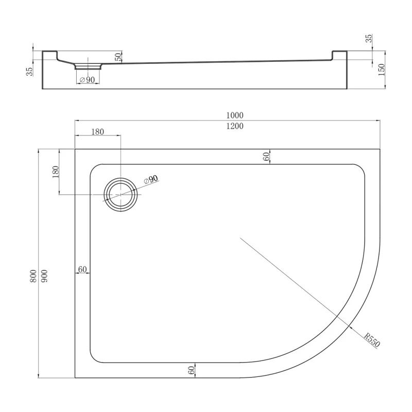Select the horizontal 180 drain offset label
coord(97,132)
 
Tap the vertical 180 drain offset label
coord(56,172)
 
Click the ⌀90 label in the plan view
coord(150,180)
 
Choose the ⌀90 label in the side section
coord(88,79)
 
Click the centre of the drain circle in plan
coord(122,195)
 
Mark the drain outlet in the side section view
coord(89,66)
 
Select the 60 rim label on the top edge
coord(266,157)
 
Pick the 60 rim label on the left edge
coord(82,269)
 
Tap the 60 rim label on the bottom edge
coord(191,370)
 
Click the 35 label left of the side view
coord(30,71)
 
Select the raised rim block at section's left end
coord(49,55)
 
